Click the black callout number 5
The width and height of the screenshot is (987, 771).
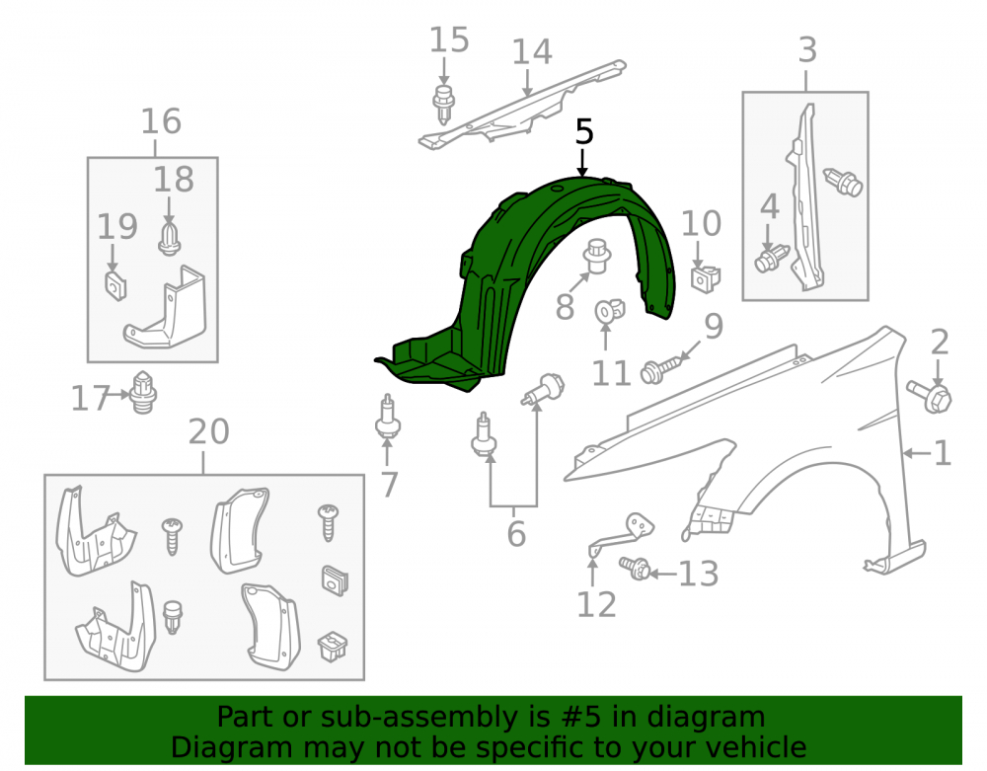(x=584, y=132)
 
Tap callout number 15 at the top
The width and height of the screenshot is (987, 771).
(x=449, y=39)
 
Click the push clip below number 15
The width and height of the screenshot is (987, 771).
(x=444, y=105)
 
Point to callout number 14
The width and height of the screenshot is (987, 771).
(x=532, y=51)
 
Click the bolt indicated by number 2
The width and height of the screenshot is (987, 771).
(x=930, y=396)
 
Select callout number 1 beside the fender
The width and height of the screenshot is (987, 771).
(x=942, y=453)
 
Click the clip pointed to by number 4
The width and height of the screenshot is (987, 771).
(x=772, y=258)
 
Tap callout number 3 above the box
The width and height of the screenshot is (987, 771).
(x=807, y=49)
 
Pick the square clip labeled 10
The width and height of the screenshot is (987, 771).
(x=706, y=277)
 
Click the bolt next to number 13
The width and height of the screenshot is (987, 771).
(x=634, y=568)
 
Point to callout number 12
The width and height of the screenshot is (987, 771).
(x=597, y=605)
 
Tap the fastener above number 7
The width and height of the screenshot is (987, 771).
(x=387, y=418)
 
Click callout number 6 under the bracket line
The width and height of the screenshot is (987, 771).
(x=516, y=534)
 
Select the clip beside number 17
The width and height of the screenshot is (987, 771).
(x=143, y=392)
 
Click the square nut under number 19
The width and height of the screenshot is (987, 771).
(x=115, y=285)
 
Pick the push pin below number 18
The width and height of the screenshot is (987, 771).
(x=169, y=238)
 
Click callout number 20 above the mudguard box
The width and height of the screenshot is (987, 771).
(x=209, y=431)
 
